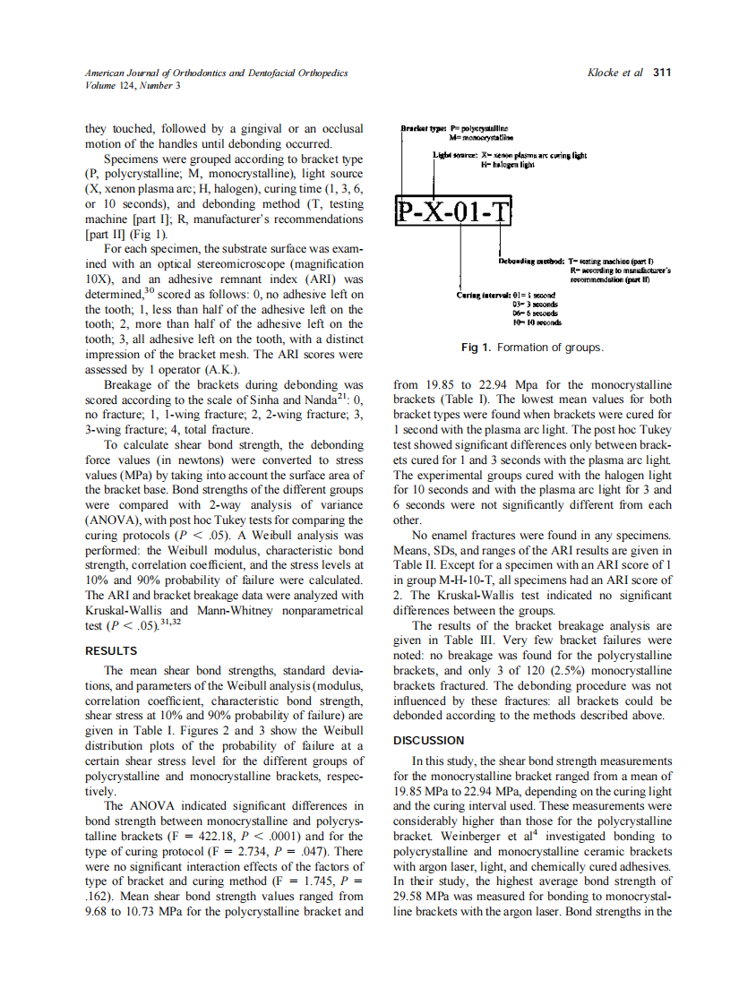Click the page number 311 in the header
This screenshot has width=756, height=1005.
coord(661,73)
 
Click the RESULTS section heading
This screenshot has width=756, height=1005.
coord(110,651)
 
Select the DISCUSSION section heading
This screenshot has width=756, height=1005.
coord(428,741)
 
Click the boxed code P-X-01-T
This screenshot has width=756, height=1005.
coord(453,213)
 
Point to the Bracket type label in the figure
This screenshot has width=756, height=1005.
coord(417,131)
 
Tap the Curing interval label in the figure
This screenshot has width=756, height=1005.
coord(486,294)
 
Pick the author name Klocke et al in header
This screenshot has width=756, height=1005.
coord(614,73)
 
